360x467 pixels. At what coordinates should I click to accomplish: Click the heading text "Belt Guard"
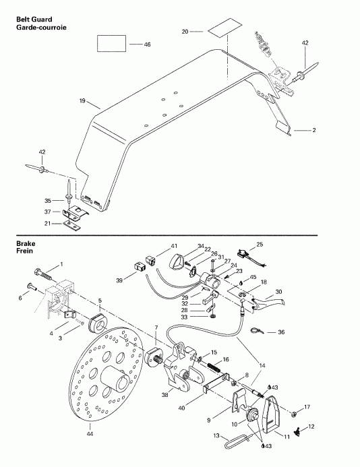(35, 20)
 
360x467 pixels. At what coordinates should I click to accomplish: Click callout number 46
(147, 44)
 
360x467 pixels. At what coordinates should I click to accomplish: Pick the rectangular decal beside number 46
(111, 44)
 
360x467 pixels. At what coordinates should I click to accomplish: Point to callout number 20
(185, 32)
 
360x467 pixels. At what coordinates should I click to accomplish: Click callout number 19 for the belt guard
(82, 101)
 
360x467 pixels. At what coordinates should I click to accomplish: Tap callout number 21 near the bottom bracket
(47, 223)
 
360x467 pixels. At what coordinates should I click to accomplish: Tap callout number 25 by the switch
(260, 244)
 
